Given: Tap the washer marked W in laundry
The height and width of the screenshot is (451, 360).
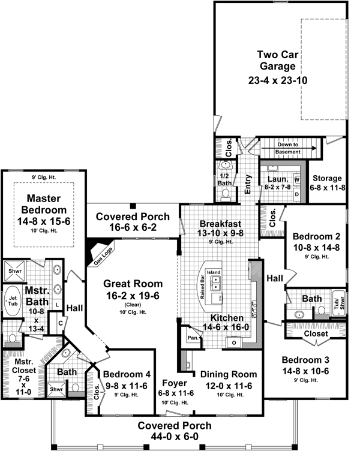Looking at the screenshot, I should [x=297, y=179].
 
